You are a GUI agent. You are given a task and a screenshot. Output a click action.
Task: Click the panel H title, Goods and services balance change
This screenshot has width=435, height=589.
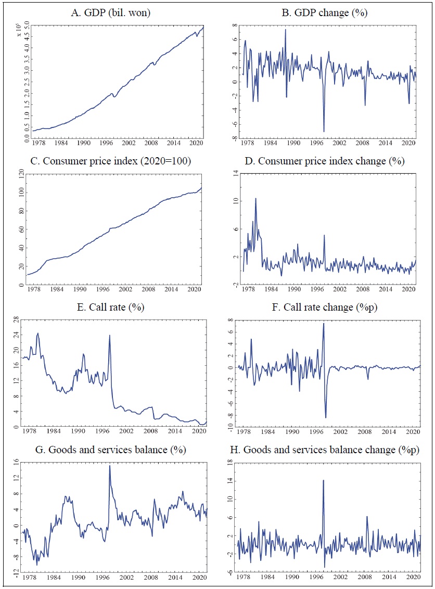(326, 449)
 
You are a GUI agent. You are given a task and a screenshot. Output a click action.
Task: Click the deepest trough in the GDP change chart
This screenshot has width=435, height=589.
(324, 132)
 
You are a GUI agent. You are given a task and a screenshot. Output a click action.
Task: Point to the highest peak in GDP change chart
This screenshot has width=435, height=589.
(285, 30)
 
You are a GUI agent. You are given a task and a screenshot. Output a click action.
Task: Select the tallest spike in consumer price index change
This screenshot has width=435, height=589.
(255, 198)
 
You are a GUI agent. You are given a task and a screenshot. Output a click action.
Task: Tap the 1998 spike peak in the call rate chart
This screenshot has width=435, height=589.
(109, 335)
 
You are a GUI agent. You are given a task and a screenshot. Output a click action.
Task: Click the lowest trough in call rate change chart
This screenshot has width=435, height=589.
(326, 417)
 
